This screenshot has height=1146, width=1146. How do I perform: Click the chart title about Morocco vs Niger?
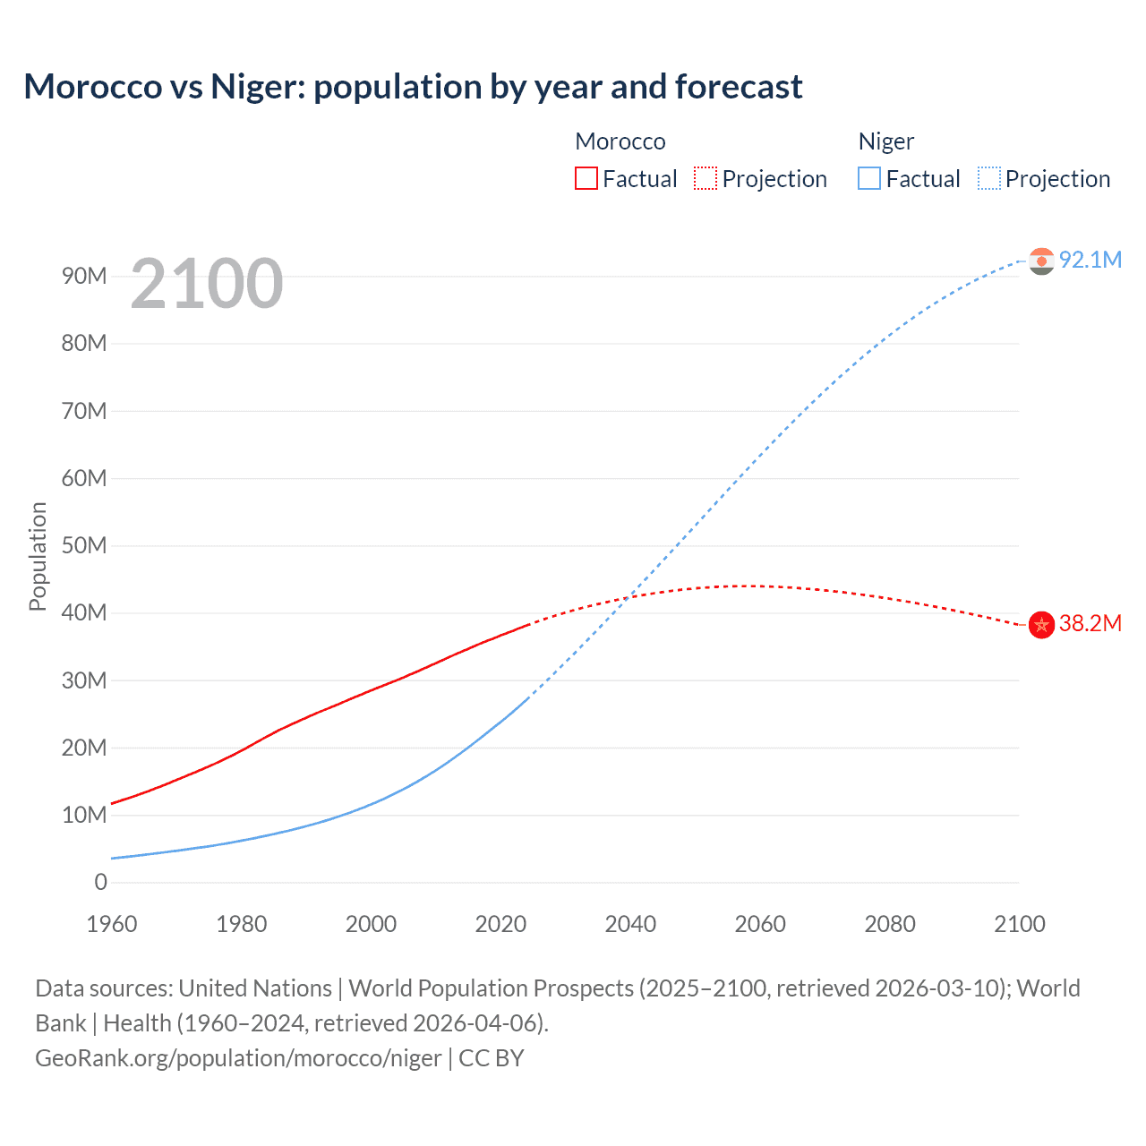[413, 87]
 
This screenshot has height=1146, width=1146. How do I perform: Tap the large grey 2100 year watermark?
[207, 284]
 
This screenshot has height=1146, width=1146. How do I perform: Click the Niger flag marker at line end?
[1041, 261]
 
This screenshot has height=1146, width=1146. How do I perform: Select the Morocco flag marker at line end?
[1041, 625]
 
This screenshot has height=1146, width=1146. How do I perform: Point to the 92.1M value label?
[1090, 260]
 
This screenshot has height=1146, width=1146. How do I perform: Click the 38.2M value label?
[1090, 624]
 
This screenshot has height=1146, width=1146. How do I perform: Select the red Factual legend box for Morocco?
[586, 179]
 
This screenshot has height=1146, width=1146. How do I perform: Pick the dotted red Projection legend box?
[706, 179]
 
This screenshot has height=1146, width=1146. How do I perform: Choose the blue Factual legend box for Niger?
[869, 179]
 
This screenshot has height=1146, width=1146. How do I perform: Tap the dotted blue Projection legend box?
[989, 179]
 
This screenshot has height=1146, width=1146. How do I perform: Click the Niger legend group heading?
[885, 141]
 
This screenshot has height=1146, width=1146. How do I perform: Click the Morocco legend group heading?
[620, 141]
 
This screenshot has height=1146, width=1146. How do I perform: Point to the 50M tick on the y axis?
[84, 546]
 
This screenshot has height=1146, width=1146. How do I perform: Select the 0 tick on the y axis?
[100, 883]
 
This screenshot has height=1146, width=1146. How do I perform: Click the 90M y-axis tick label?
[84, 277]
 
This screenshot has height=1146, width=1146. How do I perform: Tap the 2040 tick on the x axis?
[630, 924]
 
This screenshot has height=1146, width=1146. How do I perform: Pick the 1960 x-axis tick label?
[112, 924]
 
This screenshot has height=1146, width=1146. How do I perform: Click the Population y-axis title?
[38, 556]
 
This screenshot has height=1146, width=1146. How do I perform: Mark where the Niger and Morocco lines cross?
[629, 596]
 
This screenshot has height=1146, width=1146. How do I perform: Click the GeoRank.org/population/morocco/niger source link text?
[238, 1058]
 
